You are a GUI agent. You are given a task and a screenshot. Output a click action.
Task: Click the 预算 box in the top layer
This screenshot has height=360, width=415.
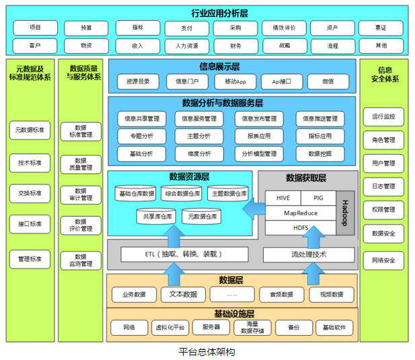pyautogui.click(x=86, y=28)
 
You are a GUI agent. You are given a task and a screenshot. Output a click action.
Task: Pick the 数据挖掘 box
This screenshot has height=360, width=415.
pyautogui.click(x=319, y=153)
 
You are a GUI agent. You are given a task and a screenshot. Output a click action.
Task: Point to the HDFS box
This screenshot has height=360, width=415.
pyautogui.click(x=301, y=227)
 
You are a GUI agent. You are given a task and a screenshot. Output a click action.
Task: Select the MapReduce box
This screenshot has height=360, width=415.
pyautogui.click(x=301, y=213)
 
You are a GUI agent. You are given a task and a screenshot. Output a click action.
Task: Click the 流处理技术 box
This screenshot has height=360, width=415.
pyautogui.click(x=309, y=255)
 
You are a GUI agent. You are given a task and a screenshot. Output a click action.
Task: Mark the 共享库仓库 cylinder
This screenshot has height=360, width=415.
pyautogui.click(x=157, y=217)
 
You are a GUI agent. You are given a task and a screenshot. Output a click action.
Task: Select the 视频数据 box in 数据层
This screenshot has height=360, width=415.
pyautogui.click(x=331, y=294)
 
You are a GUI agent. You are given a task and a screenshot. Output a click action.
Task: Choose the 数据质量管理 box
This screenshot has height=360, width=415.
pyautogui.click(x=81, y=164)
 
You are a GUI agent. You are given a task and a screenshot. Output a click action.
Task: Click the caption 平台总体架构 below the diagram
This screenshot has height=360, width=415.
pyautogui.click(x=206, y=351)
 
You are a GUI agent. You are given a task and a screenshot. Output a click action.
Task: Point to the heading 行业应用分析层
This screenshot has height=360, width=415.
pyautogui.click(x=206, y=11)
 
